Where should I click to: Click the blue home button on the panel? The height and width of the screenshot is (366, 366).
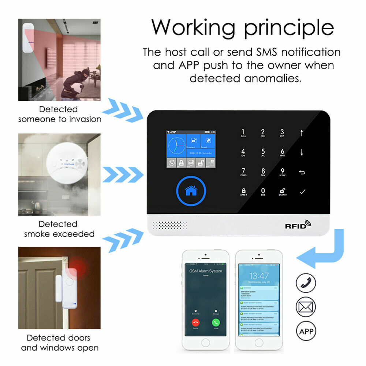[191, 190]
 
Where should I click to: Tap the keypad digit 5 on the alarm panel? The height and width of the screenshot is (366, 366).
[263, 153]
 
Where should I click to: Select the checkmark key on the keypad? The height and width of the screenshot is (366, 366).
[302, 191]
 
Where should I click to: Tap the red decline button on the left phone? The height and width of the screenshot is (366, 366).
[196, 322]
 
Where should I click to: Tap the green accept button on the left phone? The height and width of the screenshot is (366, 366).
[216, 322]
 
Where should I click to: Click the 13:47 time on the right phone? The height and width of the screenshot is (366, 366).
[258, 276]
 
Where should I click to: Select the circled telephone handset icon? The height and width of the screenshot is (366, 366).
[306, 283]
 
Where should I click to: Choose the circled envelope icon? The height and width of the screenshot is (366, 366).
[306, 307]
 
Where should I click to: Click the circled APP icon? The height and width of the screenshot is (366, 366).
[306, 331]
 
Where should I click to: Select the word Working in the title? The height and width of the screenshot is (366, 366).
[193, 27]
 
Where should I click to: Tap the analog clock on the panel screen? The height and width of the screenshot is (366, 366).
[176, 145]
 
